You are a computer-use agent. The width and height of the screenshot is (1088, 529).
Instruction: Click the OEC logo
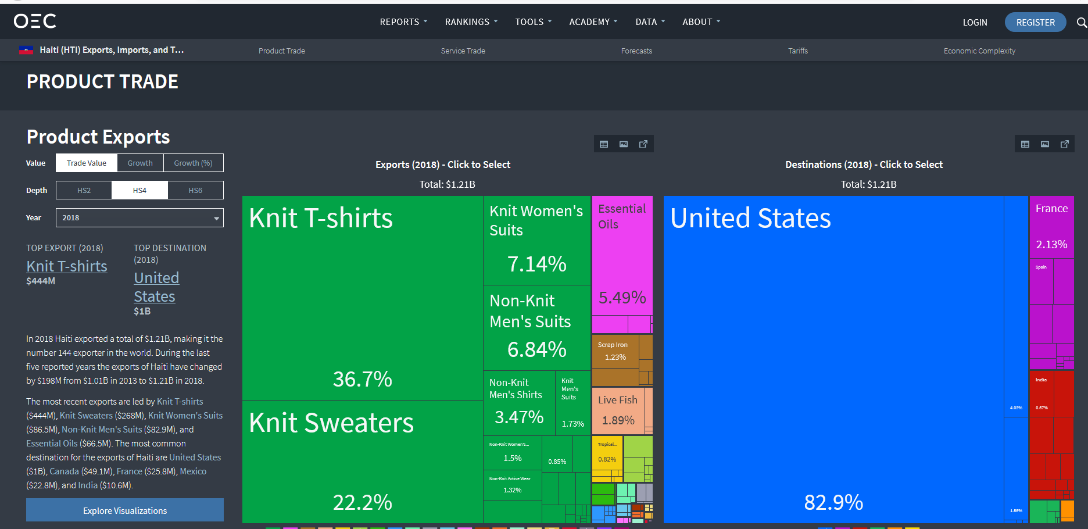point(35,22)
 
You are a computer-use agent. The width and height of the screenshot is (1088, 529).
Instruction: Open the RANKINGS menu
point(471,22)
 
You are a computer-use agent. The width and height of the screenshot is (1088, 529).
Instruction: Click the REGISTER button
point(1035,22)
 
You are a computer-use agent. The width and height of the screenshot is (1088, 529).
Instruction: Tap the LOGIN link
point(975,22)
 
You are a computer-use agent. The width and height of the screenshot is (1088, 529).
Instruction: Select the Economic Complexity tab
point(979,51)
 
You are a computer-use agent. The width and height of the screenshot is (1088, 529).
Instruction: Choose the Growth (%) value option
point(193,163)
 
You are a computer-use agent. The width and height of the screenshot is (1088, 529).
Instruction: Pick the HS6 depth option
point(195,191)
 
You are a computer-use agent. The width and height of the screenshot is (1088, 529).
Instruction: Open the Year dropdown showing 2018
point(139,218)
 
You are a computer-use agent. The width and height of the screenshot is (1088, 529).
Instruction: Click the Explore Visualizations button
point(125,510)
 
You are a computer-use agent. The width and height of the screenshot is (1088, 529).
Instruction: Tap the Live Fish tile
point(618,410)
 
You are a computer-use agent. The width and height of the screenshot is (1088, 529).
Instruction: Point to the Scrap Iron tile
point(615,351)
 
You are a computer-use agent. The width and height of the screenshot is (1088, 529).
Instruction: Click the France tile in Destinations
point(1051,226)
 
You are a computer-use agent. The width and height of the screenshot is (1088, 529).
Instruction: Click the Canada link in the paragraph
point(64,471)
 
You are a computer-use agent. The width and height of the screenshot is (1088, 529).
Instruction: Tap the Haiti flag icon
point(26,50)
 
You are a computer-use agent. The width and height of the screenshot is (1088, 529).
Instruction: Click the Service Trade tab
point(463,51)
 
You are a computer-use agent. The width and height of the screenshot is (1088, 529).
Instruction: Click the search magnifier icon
point(1081,22)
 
